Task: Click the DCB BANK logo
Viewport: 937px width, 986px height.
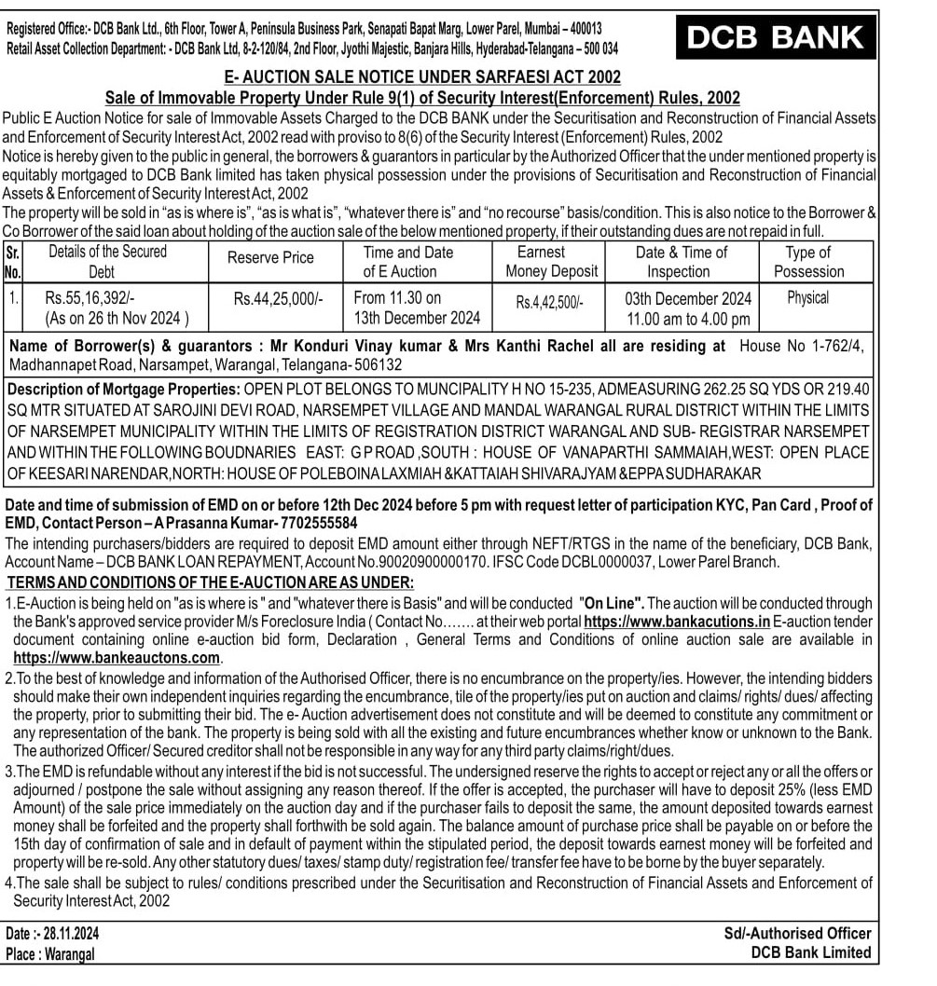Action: (775, 37)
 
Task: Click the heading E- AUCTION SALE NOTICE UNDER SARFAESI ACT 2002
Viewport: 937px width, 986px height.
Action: (422, 76)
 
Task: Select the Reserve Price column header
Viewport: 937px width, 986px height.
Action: (271, 258)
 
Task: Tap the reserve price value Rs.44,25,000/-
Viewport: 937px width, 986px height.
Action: (279, 299)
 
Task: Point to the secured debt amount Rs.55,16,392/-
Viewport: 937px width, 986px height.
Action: (90, 298)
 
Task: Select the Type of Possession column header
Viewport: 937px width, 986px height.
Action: (808, 262)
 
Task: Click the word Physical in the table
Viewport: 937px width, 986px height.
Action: (807, 298)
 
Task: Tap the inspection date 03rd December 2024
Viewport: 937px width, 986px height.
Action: (688, 299)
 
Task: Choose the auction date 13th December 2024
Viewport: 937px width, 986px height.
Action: (417, 318)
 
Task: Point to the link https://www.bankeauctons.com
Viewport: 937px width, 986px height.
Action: (117, 657)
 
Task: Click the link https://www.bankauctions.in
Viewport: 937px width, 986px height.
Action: (676, 622)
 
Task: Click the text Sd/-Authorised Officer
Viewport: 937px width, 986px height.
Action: (797, 933)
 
